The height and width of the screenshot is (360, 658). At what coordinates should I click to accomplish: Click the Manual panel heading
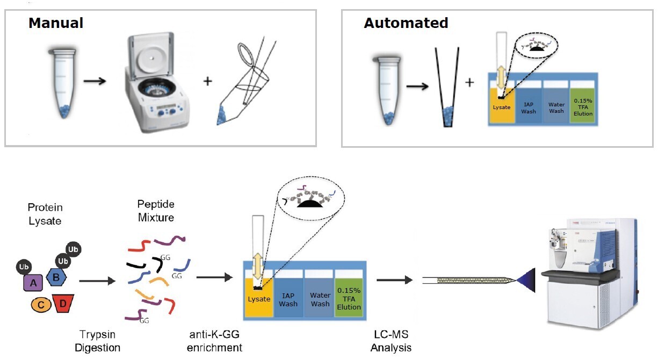point(56,23)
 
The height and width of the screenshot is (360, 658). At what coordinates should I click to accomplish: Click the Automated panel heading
point(406,23)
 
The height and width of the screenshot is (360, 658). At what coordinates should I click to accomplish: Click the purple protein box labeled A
point(33,282)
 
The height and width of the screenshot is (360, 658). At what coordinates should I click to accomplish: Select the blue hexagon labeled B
point(56,278)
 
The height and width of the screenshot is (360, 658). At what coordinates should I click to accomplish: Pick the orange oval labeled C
point(41,305)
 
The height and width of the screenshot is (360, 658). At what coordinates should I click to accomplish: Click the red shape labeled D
point(63,304)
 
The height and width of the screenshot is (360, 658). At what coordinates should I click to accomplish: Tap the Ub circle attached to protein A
point(23,267)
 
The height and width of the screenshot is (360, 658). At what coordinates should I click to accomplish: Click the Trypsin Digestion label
point(98,341)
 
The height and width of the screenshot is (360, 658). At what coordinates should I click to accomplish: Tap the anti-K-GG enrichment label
point(214,341)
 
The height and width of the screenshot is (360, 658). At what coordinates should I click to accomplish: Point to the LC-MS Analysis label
point(391,341)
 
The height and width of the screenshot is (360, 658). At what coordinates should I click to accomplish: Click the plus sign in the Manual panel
point(207,82)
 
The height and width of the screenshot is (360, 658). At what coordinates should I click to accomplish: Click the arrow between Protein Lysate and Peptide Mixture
point(97,280)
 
